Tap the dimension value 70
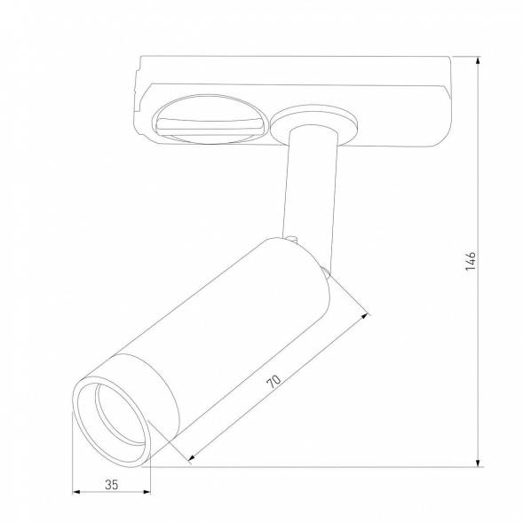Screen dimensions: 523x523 point(274,383)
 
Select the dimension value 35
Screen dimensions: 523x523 point(110,485)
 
